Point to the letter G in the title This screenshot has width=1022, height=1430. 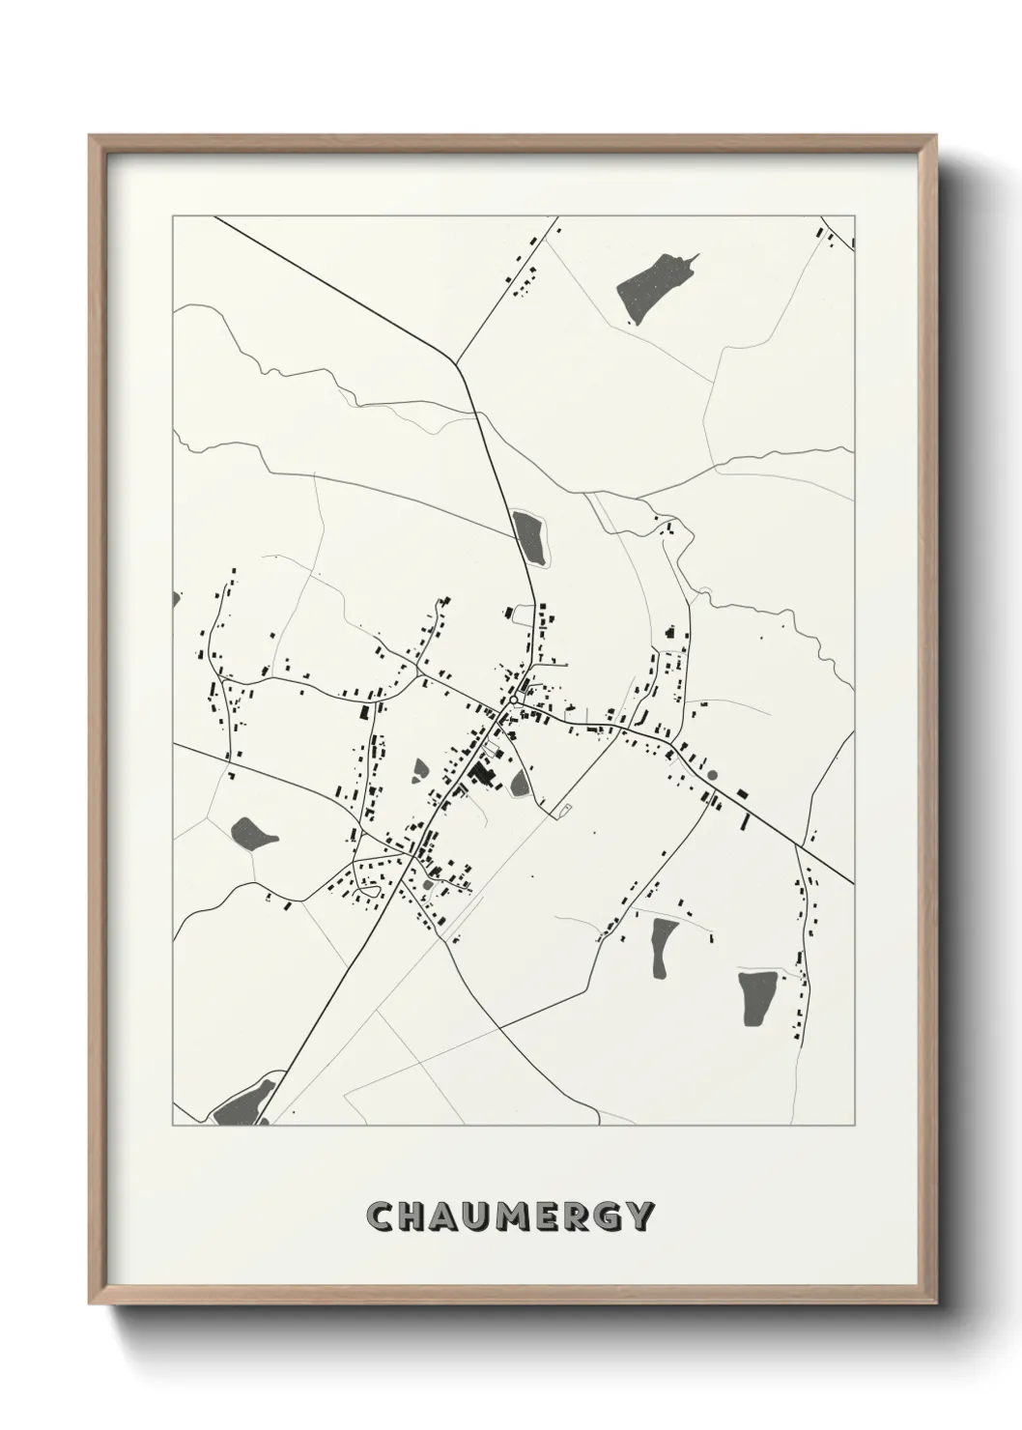coord(609,1216)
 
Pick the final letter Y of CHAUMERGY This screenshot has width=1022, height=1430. coord(641,1216)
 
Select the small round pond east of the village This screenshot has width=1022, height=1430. coord(713,774)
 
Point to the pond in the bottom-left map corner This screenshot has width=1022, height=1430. coord(242,1101)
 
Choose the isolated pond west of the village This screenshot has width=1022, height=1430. coord(253,833)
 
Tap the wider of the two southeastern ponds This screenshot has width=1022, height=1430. coord(754,998)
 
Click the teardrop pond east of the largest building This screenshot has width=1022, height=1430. coord(520,783)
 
